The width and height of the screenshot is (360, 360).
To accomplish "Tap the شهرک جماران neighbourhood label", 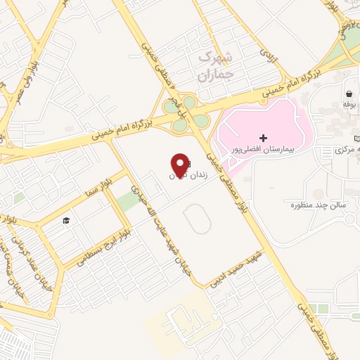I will tap(215, 65).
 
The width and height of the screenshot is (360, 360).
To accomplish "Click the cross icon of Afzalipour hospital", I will tap(264, 137).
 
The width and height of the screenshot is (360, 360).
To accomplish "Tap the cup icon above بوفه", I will tap(348, 93).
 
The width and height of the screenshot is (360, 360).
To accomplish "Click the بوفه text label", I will tap(348, 104).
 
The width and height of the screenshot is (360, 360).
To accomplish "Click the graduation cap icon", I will tap(66, 221).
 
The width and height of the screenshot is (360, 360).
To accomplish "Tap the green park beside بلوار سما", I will tap(128, 201).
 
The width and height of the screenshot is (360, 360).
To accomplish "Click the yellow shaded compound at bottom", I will tap(176, 320).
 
